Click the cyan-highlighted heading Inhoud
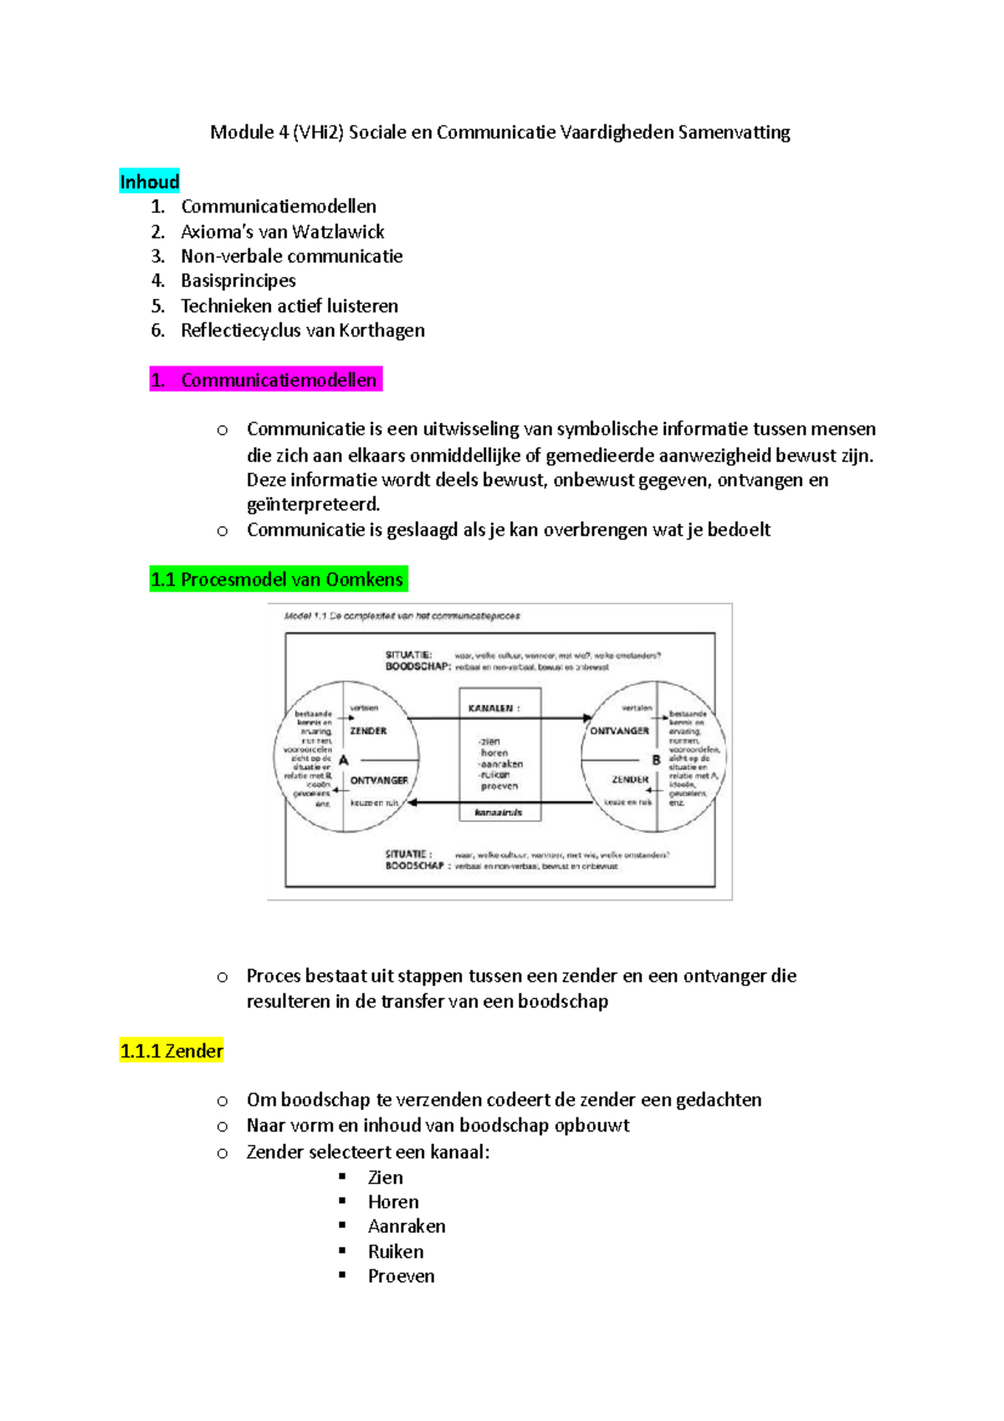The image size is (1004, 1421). pyautogui.click(x=149, y=182)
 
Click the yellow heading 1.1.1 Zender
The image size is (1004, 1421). pyautogui.click(x=172, y=1051)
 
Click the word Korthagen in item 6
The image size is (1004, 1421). pyautogui.click(x=382, y=331)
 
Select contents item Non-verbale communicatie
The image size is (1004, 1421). pyautogui.click(x=291, y=256)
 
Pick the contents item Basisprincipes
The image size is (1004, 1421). pyautogui.click(x=238, y=280)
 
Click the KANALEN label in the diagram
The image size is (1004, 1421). pyautogui.click(x=494, y=708)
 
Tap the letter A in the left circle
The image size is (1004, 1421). pyautogui.click(x=343, y=760)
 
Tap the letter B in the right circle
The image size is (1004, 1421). pyautogui.click(x=656, y=760)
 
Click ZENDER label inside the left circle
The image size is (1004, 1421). pyautogui.click(x=368, y=731)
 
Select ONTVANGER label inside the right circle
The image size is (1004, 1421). pyautogui.click(x=619, y=731)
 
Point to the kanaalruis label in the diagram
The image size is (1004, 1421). pyautogui.click(x=499, y=812)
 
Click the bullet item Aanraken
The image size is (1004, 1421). pyautogui.click(x=407, y=1227)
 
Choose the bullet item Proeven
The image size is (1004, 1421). pyautogui.click(x=401, y=1276)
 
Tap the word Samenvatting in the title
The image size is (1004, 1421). pyautogui.click(x=734, y=132)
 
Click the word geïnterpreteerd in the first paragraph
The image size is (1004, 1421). pyautogui.click(x=313, y=505)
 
